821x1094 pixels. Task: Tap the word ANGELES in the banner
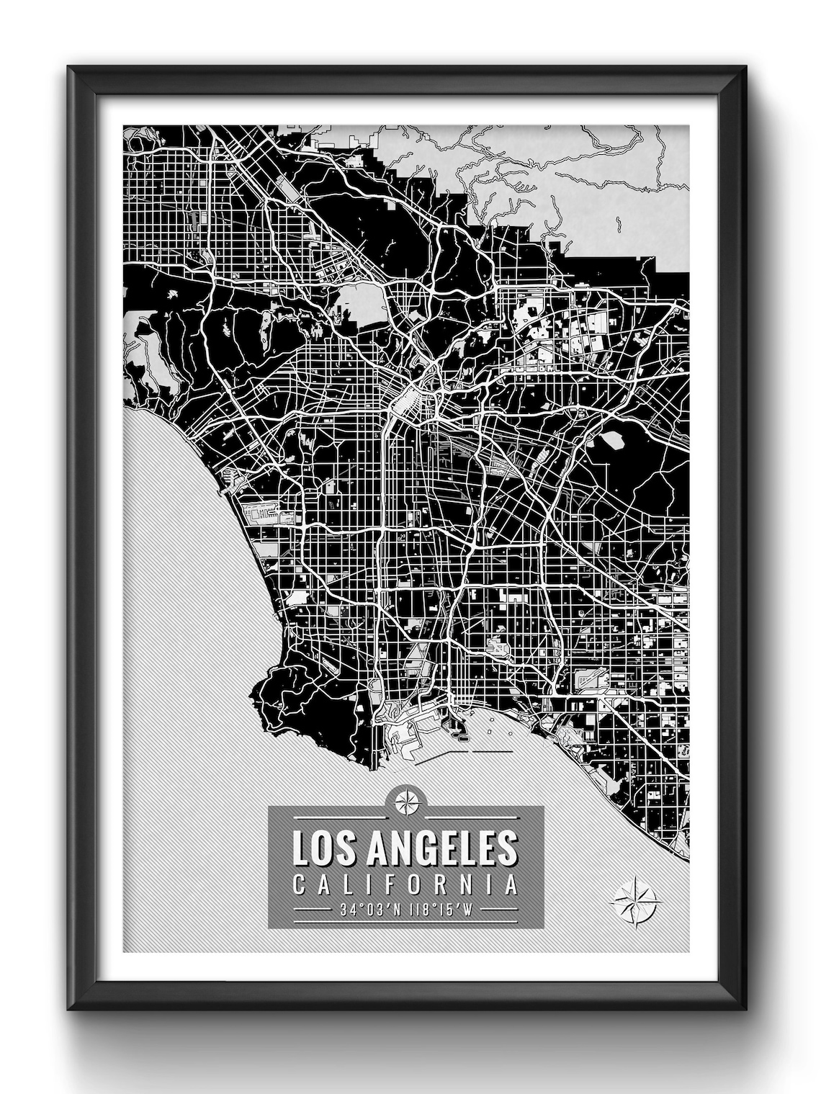pyautogui.click(x=434, y=849)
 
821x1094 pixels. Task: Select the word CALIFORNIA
pyautogui.click(x=405, y=884)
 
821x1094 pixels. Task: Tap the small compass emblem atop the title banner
pyautogui.click(x=405, y=799)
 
